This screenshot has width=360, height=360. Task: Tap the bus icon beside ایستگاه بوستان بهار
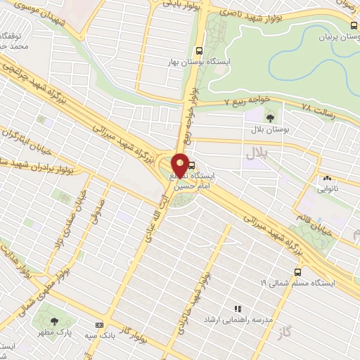[x=200, y=51]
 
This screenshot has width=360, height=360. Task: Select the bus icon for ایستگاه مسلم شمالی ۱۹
[x=297, y=271]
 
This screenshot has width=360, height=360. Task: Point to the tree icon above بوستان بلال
[x=271, y=117]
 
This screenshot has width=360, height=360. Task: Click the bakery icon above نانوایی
[x=327, y=179]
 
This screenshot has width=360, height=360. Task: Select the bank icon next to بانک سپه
[x=99, y=325]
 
